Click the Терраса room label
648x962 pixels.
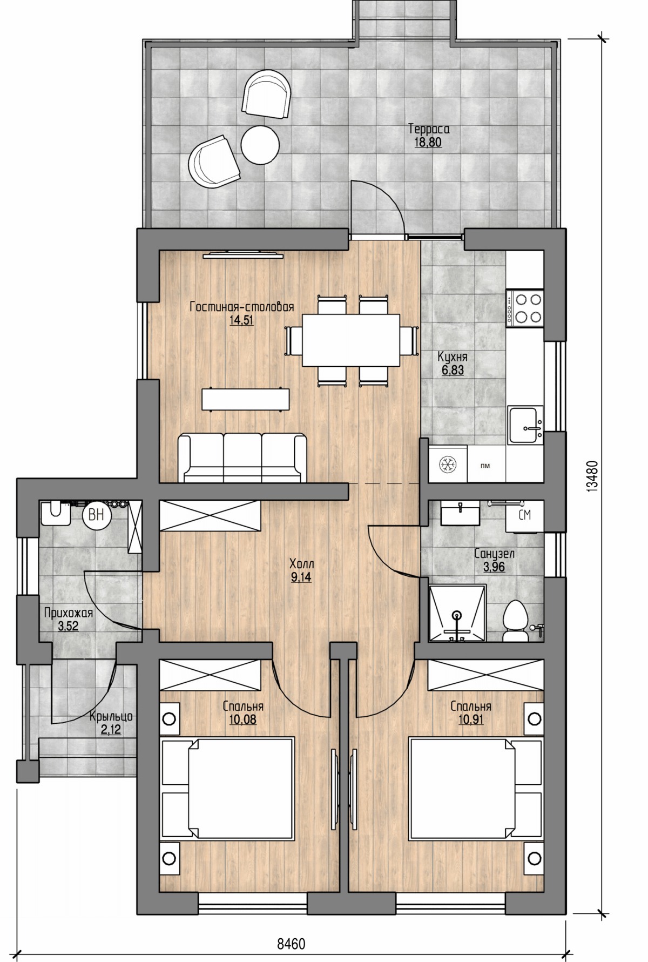429,129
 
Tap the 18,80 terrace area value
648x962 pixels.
428,143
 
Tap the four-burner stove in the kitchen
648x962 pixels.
524,307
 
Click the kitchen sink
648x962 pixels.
524,425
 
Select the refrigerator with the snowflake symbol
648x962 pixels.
448,463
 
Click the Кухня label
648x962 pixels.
453,357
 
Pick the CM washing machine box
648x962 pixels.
524,515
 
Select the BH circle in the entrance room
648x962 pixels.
96,515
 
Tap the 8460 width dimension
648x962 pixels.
291,944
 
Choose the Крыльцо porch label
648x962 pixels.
111,717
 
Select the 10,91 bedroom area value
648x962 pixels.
470,720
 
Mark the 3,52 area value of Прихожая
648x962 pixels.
68,627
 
